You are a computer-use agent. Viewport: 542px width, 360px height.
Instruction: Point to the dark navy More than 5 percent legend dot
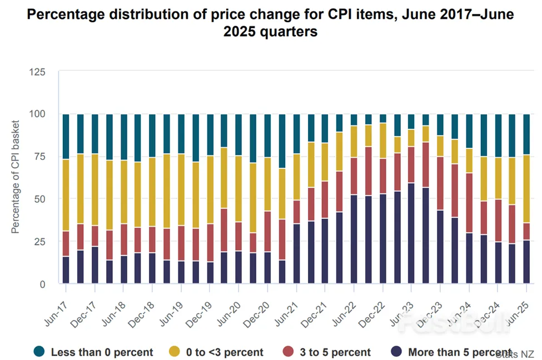pos(396,351)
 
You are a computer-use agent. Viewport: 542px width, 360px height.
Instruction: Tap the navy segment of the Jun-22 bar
pos(354,239)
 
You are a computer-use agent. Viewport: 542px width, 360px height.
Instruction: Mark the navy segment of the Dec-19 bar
pos(210,273)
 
